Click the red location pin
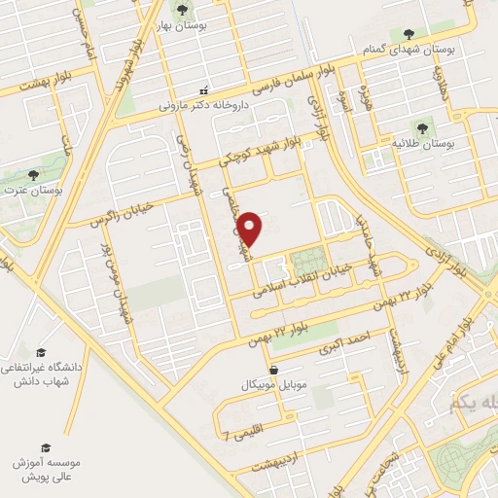[251, 228]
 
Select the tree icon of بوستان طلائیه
[421, 127]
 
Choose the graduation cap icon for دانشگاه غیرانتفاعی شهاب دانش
[41, 351]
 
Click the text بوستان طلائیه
[420, 143]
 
